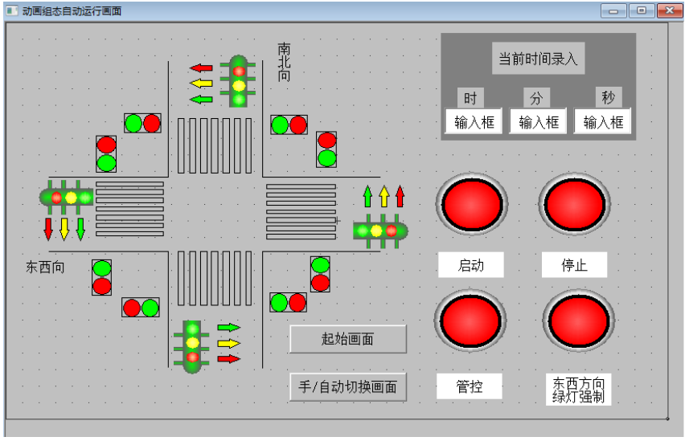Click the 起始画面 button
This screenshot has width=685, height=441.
[x=348, y=339]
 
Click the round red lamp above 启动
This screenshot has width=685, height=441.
[x=472, y=204]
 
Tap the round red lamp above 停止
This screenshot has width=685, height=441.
[x=575, y=204]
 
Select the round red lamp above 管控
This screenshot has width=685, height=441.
[x=470, y=320]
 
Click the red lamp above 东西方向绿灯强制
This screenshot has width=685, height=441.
[x=579, y=320]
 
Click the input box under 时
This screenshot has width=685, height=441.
[x=474, y=121]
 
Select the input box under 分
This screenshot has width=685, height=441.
[x=538, y=121]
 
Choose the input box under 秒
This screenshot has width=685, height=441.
[x=603, y=121]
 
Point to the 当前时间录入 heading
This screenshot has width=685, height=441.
[x=538, y=59]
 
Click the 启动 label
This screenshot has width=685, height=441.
[x=471, y=264]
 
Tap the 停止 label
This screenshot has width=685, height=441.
[x=575, y=264]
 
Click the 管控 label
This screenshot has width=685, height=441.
[x=470, y=386]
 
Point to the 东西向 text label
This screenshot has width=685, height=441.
[x=45, y=267]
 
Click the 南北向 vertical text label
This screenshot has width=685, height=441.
[x=284, y=62]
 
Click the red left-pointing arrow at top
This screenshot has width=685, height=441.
[x=201, y=67]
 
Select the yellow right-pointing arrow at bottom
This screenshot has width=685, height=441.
[x=229, y=343]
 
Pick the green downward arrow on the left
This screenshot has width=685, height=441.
[x=80, y=229]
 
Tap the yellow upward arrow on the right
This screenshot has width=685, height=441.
[x=384, y=197]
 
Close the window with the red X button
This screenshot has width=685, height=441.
[x=669, y=10]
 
